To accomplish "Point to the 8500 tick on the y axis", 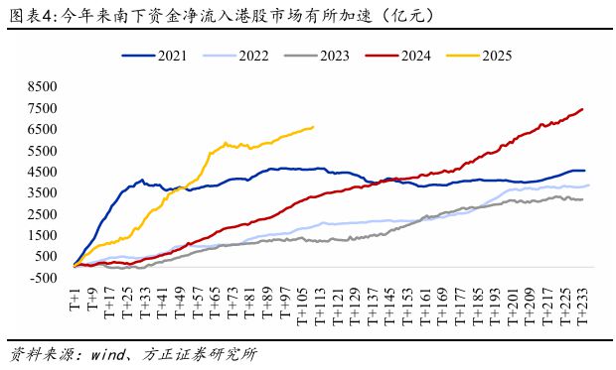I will pos(47,86).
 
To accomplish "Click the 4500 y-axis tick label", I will pos(47,171).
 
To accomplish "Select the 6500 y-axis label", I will pos(47,129).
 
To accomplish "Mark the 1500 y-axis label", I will pos(47,234).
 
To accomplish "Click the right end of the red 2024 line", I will pos(582,109).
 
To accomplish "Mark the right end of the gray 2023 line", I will pos(582,200).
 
